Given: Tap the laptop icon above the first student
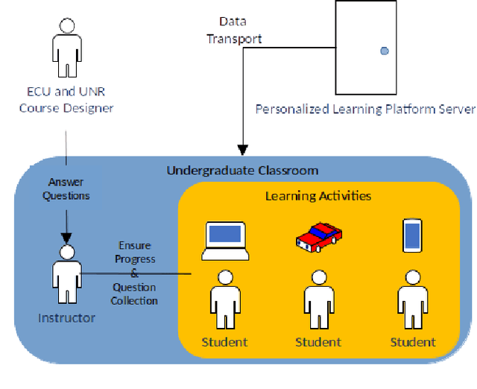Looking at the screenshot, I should (224, 240).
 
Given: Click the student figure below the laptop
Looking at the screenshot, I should (224, 301).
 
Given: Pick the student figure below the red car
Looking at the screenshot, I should (318, 301).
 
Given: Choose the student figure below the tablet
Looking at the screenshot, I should (412, 301).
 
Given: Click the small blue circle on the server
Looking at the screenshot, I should (385, 51).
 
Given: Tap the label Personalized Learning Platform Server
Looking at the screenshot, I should (365, 110).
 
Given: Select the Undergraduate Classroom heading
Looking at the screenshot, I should (242, 170).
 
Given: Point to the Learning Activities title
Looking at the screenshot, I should (318, 196).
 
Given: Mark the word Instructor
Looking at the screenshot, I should (67, 318).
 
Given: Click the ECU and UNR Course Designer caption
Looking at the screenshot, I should (67, 101).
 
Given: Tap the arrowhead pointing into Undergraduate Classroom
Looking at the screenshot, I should (242, 151).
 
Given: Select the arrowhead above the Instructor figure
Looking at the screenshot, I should (67, 237).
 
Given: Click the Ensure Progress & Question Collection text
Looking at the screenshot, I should (134, 273).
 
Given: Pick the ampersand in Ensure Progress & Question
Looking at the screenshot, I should (134, 273).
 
